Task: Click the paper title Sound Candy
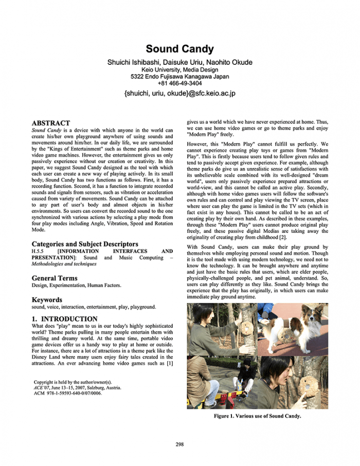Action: tap(179, 49)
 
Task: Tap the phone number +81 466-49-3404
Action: tap(179, 83)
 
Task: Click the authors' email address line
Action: tap(179, 94)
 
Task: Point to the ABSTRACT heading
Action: tap(51, 123)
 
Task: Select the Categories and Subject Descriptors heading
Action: tap(85, 244)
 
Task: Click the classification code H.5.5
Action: tap(39, 252)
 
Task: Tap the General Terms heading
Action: tap(55, 278)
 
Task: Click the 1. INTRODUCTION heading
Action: tap(65, 319)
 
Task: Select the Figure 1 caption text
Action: tap(257, 416)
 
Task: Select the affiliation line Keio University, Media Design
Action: tap(179, 70)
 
